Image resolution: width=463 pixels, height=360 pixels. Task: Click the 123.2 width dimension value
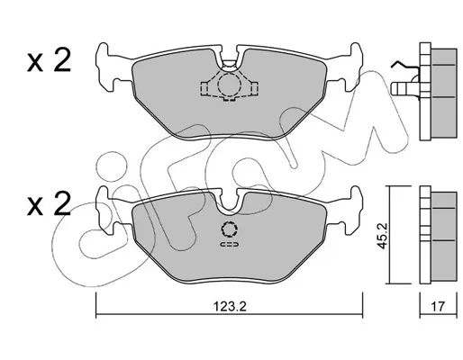[x=230, y=307]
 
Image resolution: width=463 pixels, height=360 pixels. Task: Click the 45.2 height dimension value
[x=382, y=236]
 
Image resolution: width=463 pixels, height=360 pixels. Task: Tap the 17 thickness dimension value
[x=438, y=307]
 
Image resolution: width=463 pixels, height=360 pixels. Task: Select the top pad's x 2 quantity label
[x=49, y=60]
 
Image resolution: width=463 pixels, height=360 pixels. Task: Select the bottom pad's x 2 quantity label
[x=49, y=204]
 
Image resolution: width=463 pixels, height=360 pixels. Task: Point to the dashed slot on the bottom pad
[x=230, y=245]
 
